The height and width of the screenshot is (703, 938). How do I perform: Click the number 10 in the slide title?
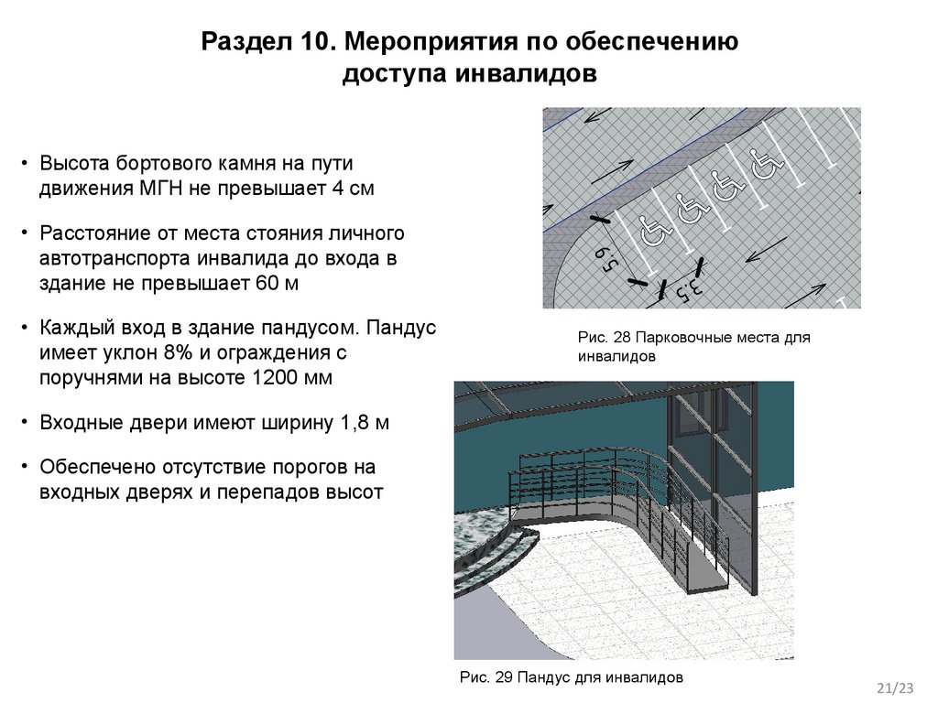click(316, 41)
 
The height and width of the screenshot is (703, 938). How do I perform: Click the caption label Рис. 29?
click(485, 678)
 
